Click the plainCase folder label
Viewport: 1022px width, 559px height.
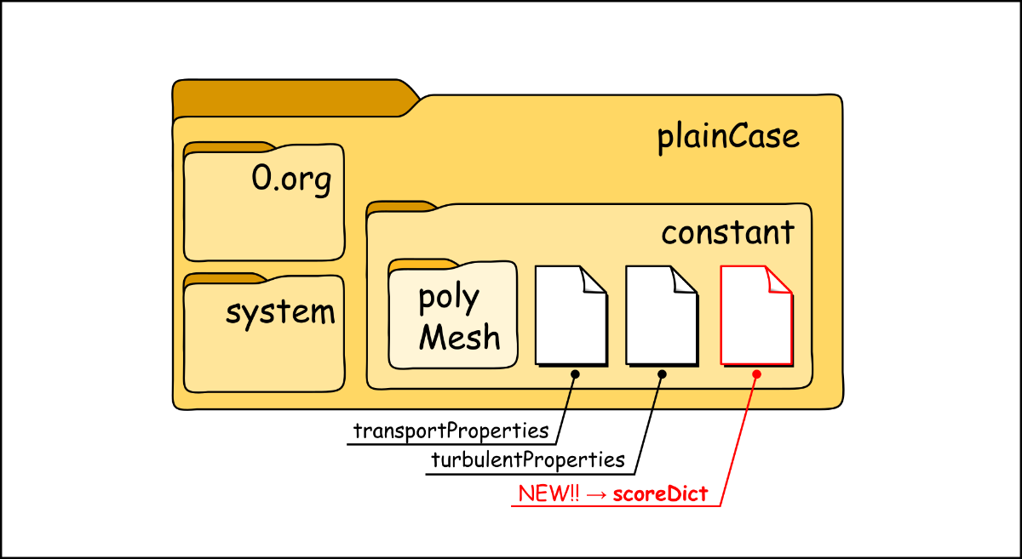coord(728,137)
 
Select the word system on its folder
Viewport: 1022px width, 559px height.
coord(280,313)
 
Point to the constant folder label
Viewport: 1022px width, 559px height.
coord(728,232)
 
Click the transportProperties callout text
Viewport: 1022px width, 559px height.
coord(451,431)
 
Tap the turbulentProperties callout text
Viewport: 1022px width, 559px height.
coord(528,461)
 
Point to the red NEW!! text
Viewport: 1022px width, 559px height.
coord(549,493)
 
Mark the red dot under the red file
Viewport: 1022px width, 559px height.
coord(756,374)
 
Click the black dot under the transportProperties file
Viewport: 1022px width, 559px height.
coord(575,374)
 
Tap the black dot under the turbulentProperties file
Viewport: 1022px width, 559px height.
coord(662,374)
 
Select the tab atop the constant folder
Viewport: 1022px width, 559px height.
coord(400,207)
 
